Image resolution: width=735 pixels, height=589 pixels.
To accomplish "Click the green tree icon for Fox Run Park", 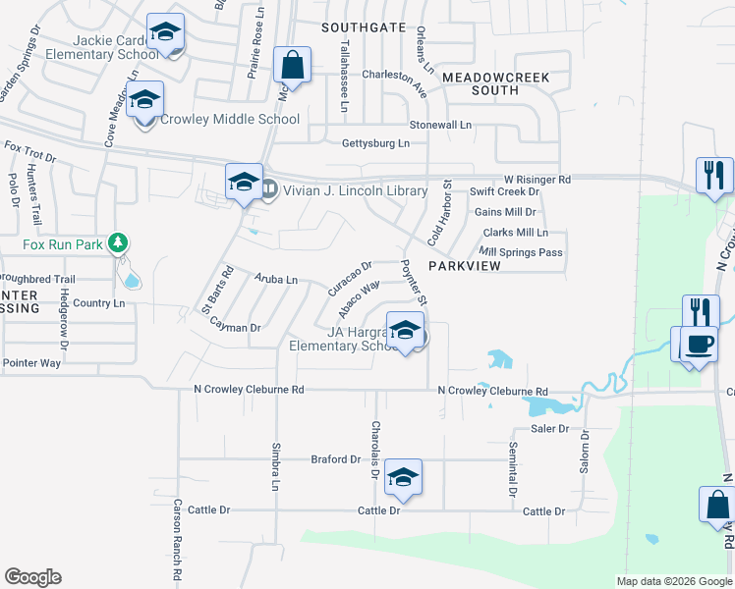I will pyautogui.click(x=118, y=241).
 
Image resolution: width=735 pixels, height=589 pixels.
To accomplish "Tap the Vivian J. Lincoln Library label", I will pyautogui.click(x=355, y=191).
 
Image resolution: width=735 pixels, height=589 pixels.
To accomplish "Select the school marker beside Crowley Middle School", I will pyautogui.click(x=144, y=101).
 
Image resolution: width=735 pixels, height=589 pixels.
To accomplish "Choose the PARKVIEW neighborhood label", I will pyautogui.click(x=465, y=266).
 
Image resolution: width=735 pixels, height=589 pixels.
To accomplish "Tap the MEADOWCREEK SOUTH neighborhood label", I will pyautogui.click(x=493, y=83).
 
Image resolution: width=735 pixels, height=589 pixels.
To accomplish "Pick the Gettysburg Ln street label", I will pyautogui.click(x=375, y=143).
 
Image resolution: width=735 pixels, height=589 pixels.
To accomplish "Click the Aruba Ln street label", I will pyautogui.click(x=276, y=280).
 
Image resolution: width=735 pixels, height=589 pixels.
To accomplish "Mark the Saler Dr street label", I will pyautogui.click(x=550, y=429).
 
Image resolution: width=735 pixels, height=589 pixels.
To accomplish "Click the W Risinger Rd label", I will pyautogui.click(x=537, y=180).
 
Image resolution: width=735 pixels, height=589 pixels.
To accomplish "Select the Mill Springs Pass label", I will pyautogui.click(x=521, y=252).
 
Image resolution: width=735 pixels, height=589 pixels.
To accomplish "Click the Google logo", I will pyautogui.click(x=32, y=577).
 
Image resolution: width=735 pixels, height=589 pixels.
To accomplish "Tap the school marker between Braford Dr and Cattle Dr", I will pyautogui.click(x=402, y=478).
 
